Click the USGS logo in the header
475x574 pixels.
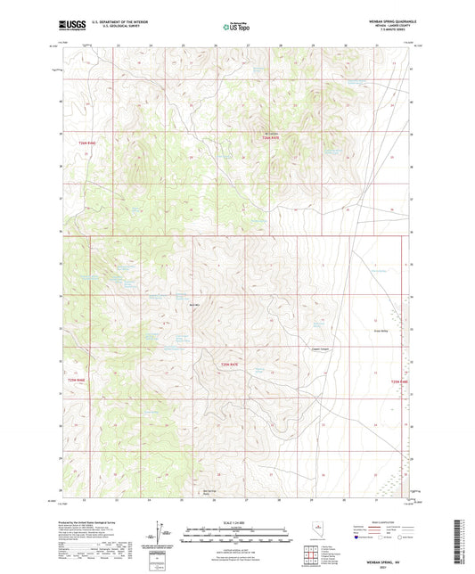tap(70, 26)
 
